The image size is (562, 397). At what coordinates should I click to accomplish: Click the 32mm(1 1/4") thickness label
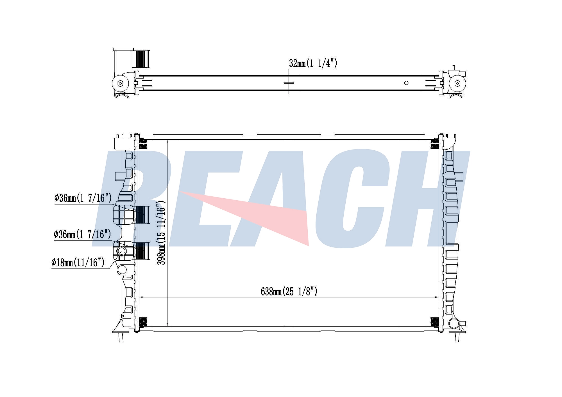[x=313, y=63]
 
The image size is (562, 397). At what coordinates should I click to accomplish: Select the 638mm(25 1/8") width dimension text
[x=289, y=292]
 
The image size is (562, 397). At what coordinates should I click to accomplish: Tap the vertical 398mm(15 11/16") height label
[x=161, y=233]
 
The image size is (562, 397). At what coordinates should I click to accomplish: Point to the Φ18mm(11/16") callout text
[x=78, y=263]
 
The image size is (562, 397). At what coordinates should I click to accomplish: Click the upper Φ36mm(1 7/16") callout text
[x=83, y=198]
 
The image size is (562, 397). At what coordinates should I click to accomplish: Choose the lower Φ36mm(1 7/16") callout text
[x=82, y=234]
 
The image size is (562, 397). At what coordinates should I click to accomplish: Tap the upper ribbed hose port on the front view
[x=143, y=215]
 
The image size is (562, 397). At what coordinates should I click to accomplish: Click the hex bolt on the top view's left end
[x=120, y=83]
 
